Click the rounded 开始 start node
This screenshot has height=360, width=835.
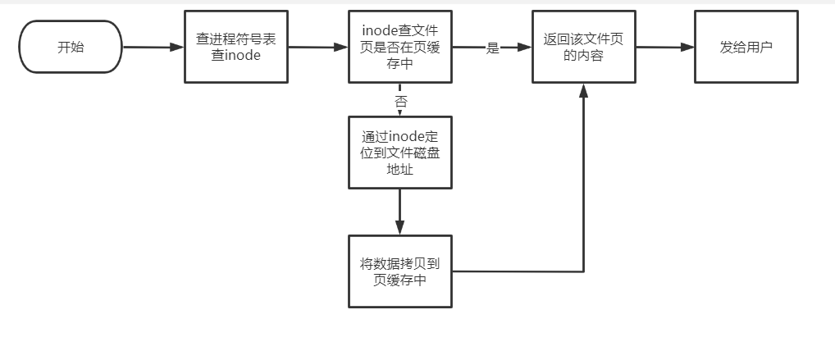point(71,47)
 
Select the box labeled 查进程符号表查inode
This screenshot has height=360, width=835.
point(236,47)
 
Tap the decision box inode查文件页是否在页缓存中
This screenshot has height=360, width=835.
point(399,47)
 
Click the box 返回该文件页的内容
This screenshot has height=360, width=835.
point(583,47)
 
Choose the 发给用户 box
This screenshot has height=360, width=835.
point(746,47)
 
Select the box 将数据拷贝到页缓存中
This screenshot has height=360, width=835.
point(399,271)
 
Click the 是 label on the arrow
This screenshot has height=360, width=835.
point(492,48)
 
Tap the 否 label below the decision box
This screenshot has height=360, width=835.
point(400,102)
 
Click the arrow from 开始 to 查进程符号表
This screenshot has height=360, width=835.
point(152,47)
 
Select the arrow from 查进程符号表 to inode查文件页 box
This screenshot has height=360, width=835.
point(318,47)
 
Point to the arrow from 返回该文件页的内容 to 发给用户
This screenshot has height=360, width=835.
point(664,47)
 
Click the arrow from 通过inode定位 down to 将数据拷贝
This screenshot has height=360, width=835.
point(399,212)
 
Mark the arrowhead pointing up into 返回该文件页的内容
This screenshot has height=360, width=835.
point(583,91)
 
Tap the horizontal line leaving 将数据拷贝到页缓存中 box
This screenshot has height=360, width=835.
point(517,271)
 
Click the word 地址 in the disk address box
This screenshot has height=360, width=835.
point(399,171)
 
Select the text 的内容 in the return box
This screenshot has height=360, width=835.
point(583,56)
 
